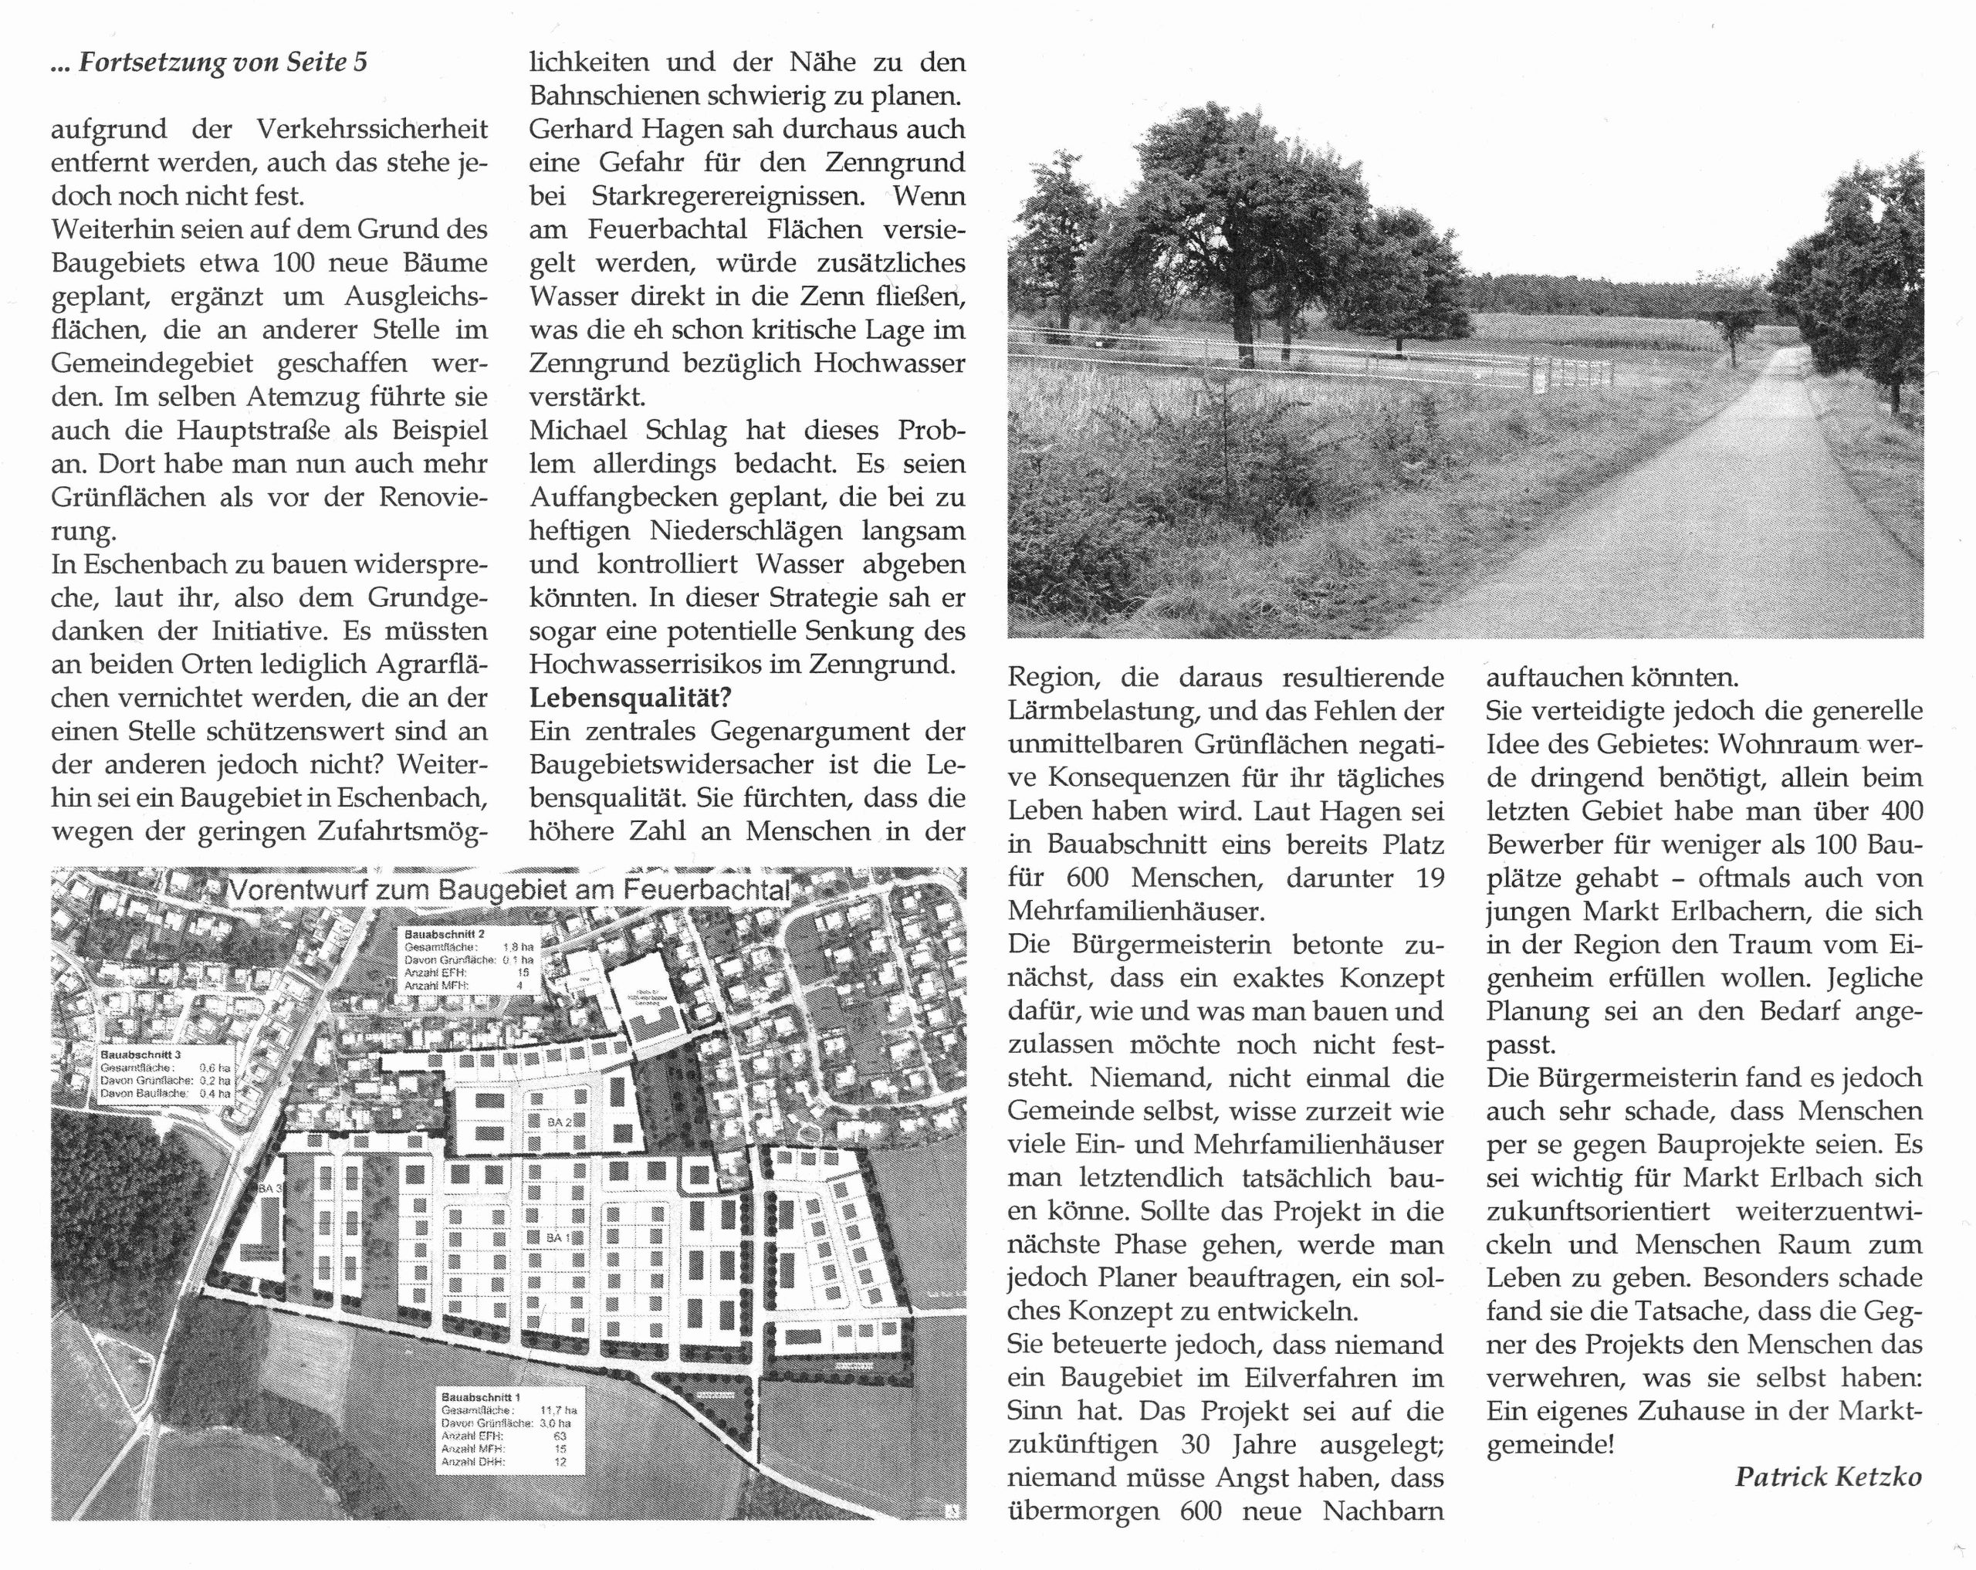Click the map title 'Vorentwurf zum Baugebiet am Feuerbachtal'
click(x=509, y=890)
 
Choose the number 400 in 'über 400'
click(x=1898, y=811)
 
